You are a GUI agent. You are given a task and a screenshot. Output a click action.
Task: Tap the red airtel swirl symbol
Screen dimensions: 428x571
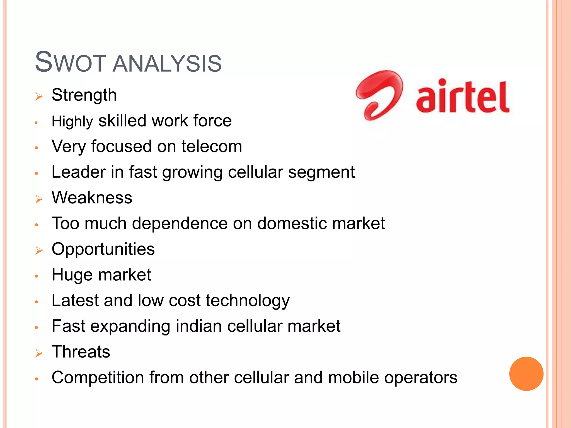tap(379, 95)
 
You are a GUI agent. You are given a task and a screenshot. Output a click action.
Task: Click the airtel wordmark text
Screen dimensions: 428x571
tap(463, 97)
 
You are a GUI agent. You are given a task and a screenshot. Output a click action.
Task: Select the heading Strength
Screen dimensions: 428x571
tap(84, 95)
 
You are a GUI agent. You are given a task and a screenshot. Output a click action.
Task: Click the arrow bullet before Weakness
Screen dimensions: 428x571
tap(39, 199)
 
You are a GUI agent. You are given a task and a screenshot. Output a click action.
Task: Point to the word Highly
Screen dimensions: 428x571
tap(72, 121)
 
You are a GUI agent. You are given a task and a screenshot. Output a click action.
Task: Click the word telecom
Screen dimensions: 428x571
tap(212, 147)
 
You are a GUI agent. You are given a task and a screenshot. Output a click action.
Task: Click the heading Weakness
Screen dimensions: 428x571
tap(92, 198)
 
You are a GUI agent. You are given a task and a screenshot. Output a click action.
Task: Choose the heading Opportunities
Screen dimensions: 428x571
tap(103, 249)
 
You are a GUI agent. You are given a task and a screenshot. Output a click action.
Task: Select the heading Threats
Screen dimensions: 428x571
tap(81, 352)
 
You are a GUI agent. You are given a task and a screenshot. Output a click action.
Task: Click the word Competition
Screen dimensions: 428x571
tap(98, 378)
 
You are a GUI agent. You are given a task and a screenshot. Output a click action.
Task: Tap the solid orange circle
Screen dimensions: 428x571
tap(526, 374)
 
